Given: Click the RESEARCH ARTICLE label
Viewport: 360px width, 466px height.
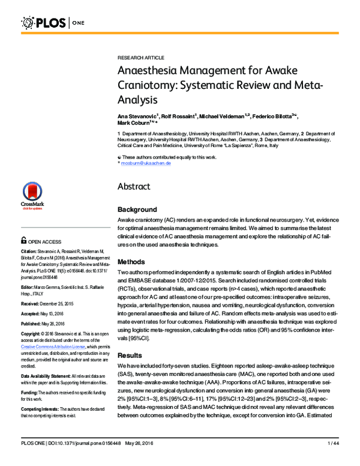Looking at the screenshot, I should coord(140,58).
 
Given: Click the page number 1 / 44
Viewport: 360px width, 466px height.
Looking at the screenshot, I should coord(332,459).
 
